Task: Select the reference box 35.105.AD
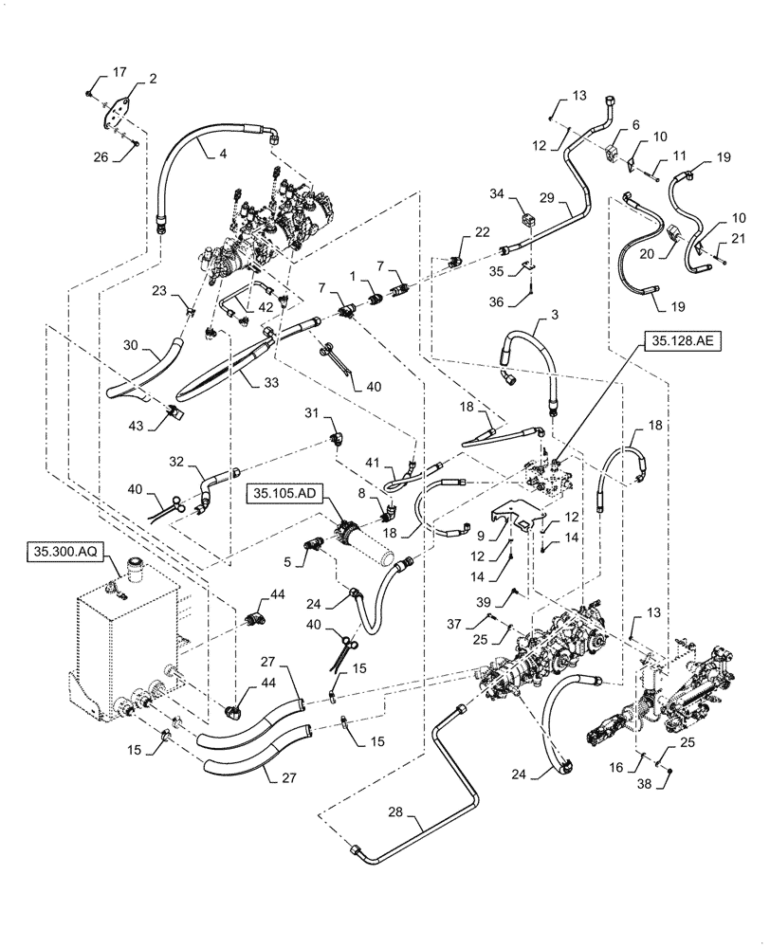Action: pos(284,493)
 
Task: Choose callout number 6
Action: pos(636,124)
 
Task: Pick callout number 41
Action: pos(374,462)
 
